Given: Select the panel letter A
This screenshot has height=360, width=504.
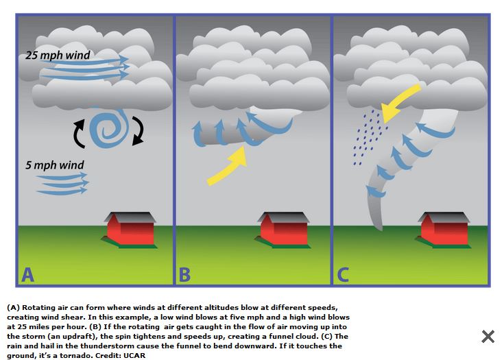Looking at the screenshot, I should pos(27,275).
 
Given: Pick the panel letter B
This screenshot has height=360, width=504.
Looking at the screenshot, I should pos(184,275).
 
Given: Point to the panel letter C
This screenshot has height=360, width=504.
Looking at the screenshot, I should pos(343,275).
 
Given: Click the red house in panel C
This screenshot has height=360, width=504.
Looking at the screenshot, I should pos(442,228).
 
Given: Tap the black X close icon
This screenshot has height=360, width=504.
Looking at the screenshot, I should pos(488,336).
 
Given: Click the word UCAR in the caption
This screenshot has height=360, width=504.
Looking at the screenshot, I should pos(134,356).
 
